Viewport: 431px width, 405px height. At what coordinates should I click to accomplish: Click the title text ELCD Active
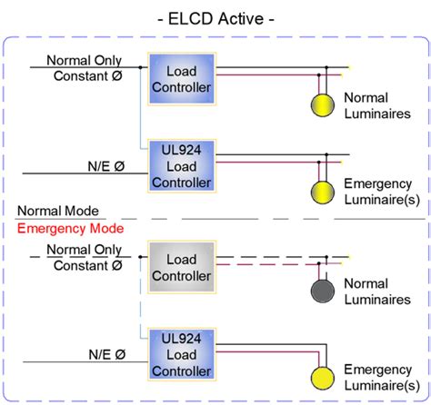pos(215,18)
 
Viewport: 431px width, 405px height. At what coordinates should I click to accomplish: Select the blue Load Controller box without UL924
pos(180,81)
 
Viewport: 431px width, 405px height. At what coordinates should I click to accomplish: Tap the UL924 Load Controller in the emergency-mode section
pos(180,353)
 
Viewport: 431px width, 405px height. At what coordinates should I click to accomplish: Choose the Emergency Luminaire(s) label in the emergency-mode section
pos(377,379)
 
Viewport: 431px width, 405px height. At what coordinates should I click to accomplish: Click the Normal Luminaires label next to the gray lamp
pos(376,292)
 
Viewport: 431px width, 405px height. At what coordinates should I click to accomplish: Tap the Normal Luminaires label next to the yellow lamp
pos(376,105)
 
